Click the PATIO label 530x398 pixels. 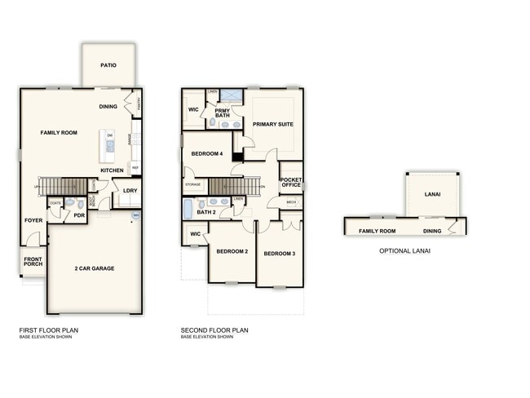click(108, 65)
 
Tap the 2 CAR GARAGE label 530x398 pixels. click(95, 268)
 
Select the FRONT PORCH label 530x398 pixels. click(33, 261)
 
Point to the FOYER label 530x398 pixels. click(33, 220)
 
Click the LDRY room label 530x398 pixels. click(130, 191)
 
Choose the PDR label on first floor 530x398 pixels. click(79, 215)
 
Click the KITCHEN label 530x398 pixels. click(112, 170)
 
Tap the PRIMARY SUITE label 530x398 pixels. click(272, 125)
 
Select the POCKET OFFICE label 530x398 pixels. click(291, 182)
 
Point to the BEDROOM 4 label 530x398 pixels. click(207, 153)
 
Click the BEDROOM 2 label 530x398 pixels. click(232, 251)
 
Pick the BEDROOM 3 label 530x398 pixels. click(280, 254)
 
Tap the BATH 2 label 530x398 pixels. click(206, 212)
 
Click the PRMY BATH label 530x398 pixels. click(223, 113)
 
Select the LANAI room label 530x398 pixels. click(432, 195)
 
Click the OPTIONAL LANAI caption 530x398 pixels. click(404, 251)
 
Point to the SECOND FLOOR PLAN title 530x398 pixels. click(214, 330)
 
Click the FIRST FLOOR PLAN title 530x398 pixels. click(49, 330)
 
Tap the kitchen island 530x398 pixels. click(107, 146)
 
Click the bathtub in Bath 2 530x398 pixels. click(188, 212)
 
